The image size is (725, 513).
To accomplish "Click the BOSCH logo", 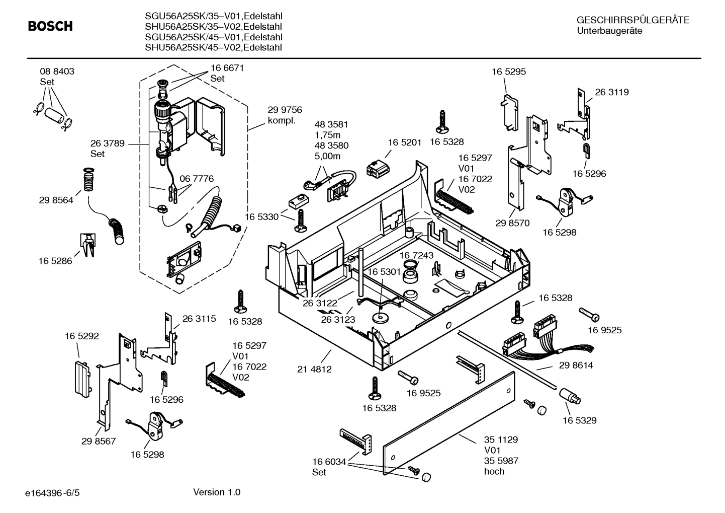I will click(50, 26).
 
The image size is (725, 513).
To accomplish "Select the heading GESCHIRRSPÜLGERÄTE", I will click(632, 21).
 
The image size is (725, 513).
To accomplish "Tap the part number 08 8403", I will click(57, 71).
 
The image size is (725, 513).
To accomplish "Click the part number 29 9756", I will click(285, 110).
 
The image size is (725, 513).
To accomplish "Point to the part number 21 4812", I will click(314, 369).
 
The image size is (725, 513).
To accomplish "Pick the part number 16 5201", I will click(404, 142).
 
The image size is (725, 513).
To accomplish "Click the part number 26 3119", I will click(612, 92).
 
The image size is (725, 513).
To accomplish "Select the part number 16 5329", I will click(579, 420).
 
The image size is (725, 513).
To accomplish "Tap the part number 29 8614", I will click(576, 365).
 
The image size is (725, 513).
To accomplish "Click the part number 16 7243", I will click(416, 256).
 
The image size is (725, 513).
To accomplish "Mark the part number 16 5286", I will click(55, 261).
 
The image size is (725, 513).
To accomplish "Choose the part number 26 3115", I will click(199, 319).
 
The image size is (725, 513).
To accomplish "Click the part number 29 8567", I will click(99, 441).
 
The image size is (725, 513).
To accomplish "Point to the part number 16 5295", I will click(509, 72).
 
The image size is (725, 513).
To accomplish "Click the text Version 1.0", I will click(217, 492).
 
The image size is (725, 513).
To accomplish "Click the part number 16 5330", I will click(261, 216).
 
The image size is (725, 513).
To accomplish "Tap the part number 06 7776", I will click(197, 179).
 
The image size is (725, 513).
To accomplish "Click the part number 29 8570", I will click(512, 223).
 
